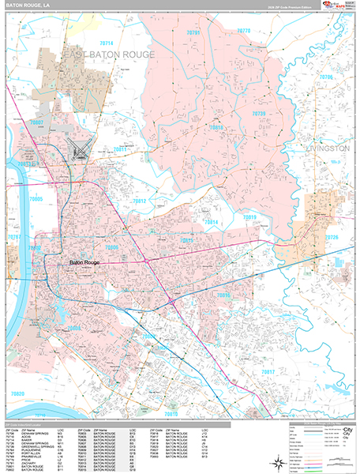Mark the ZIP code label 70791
pyautogui.click(x=193, y=32)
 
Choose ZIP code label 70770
pyautogui.click(x=243, y=31)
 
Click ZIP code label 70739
pyautogui.click(x=258, y=114)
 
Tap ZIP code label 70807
pyautogui.click(x=37, y=123)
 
